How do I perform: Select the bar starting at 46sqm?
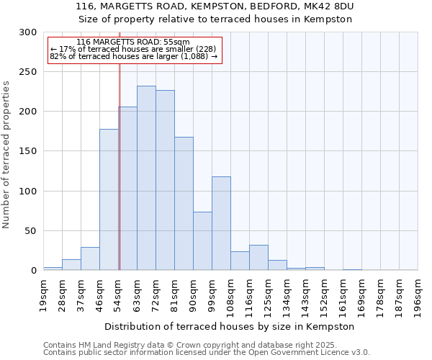pyautogui.click(x=109, y=200)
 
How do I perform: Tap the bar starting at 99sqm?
pyautogui.click(x=221, y=223)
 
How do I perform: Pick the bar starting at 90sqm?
pyautogui.click(x=202, y=241)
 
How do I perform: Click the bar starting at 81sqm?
pyautogui.click(x=184, y=204)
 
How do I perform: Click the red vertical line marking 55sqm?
pyautogui.click(x=120, y=166)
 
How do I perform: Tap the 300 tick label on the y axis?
pyautogui.click(x=27, y=32)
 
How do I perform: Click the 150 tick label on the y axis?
pyautogui.click(x=27, y=151)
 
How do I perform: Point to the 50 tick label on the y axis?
pyautogui.click(x=30, y=231)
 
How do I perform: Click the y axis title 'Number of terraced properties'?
pyautogui.click(x=6, y=154)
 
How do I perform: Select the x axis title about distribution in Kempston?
pyautogui.click(x=230, y=326)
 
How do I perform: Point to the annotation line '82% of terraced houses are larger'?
pyautogui.click(x=133, y=56)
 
